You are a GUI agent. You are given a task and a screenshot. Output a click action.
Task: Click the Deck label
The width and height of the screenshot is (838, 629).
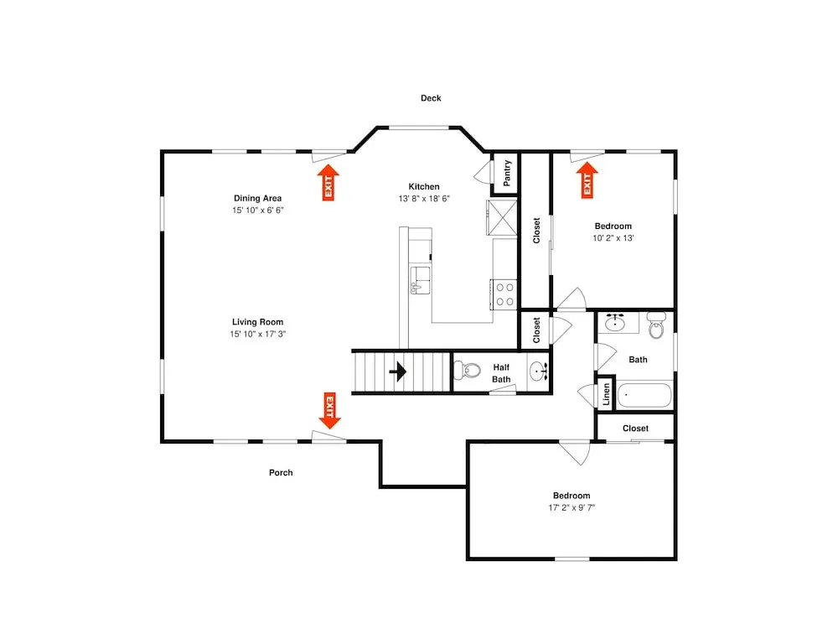(x=431, y=98)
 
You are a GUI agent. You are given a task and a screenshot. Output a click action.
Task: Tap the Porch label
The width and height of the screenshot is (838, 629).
(x=281, y=472)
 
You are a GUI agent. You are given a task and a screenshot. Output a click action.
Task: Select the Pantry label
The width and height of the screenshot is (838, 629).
(x=507, y=173)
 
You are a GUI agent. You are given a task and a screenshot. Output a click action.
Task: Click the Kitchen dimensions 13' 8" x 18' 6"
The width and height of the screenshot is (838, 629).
(x=424, y=199)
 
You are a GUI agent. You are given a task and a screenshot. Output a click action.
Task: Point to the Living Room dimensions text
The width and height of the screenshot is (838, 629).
(x=257, y=334)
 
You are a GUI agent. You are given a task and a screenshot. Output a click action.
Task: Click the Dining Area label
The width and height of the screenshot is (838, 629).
(x=257, y=198)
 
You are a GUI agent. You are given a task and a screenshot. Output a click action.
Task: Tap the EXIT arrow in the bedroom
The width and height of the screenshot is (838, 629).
(x=587, y=180)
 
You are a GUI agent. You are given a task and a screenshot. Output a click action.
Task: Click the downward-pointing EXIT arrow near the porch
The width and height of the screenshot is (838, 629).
(x=329, y=410)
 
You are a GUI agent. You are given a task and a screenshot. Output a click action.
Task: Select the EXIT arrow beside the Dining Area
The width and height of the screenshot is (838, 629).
(x=328, y=182)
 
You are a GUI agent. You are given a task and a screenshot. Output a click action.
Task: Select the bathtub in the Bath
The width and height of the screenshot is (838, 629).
(x=644, y=396)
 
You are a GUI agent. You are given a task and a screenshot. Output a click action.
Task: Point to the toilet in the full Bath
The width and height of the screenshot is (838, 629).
(x=656, y=325)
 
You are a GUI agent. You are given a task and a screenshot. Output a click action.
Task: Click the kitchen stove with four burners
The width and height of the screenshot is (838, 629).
(x=504, y=294)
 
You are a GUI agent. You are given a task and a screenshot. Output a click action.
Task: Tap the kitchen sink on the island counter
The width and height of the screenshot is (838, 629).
(x=420, y=280)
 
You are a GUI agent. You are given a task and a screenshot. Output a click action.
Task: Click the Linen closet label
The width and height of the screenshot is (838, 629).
(x=606, y=394)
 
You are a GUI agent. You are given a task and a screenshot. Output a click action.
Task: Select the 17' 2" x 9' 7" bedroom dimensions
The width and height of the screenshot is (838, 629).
(x=572, y=507)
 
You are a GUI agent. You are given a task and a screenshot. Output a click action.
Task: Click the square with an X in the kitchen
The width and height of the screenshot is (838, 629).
(x=502, y=217)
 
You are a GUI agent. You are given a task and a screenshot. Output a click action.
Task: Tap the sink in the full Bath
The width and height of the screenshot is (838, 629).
(x=615, y=323)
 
